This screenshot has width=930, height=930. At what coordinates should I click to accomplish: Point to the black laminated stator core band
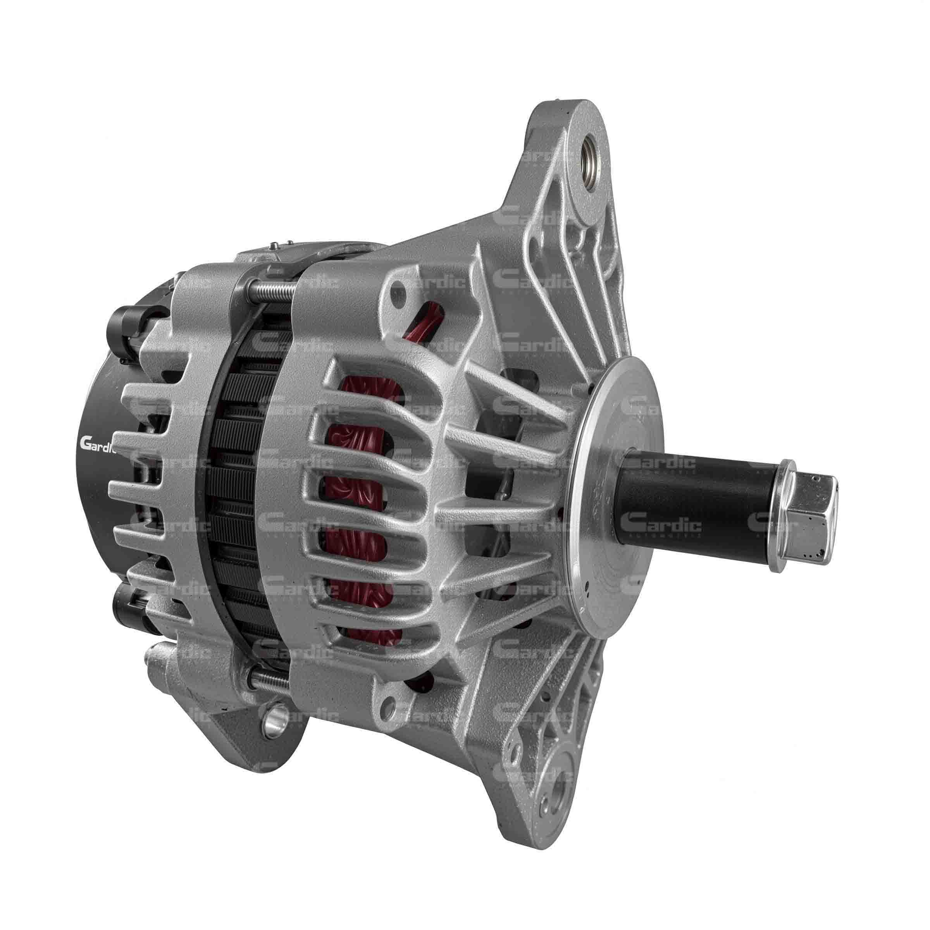tap(236, 481)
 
